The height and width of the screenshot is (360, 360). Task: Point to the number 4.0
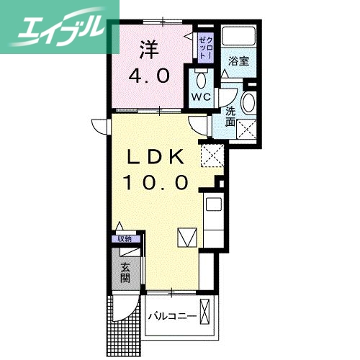[x=149, y=75]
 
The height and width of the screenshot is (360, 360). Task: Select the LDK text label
[x=158, y=157]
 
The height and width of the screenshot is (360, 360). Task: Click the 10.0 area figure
[x=158, y=181]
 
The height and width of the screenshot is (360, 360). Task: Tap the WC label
[x=201, y=96]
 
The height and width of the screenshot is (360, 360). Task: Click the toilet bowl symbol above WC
[x=202, y=78]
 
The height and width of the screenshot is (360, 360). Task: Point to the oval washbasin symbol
[x=249, y=103]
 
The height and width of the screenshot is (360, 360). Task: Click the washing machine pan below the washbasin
[x=248, y=130]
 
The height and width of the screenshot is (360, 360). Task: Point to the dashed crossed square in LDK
[x=212, y=153]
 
